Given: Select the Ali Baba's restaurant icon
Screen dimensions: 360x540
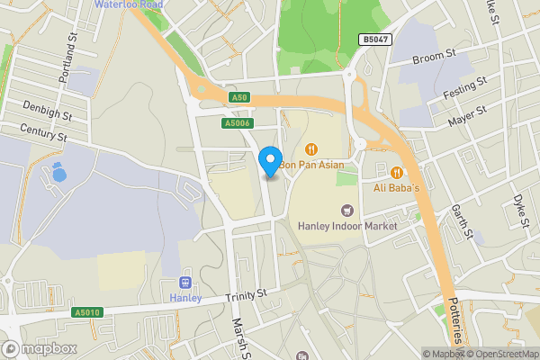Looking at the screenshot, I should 396,173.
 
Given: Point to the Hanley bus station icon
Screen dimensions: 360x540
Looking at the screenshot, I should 187,281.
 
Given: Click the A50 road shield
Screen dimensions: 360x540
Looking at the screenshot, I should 238,97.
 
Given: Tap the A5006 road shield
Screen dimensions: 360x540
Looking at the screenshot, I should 238,123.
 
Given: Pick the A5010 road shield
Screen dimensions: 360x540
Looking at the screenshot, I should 85,311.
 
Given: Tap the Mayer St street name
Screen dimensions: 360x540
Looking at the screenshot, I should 467,114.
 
